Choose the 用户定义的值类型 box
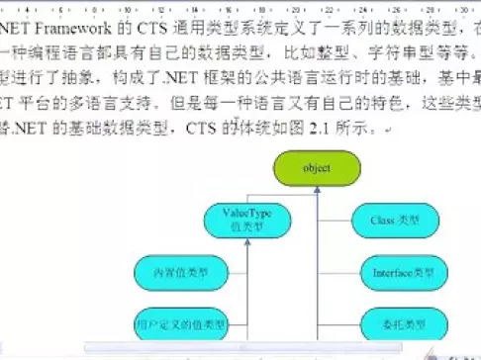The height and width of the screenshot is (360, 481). tap(181, 322)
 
